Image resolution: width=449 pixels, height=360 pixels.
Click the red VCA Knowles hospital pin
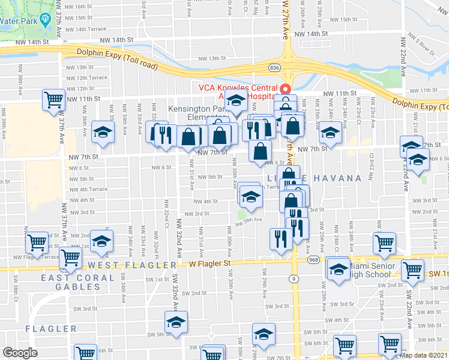tap(286, 90)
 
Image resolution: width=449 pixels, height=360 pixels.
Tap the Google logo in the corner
tap(20, 353)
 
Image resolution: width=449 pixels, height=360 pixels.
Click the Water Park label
tap(18, 20)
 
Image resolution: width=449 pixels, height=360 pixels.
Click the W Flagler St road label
tap(209, 263)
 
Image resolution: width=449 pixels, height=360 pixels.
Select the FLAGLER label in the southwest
tap(51, 329)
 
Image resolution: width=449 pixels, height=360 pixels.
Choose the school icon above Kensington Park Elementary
tap(237, 101)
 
